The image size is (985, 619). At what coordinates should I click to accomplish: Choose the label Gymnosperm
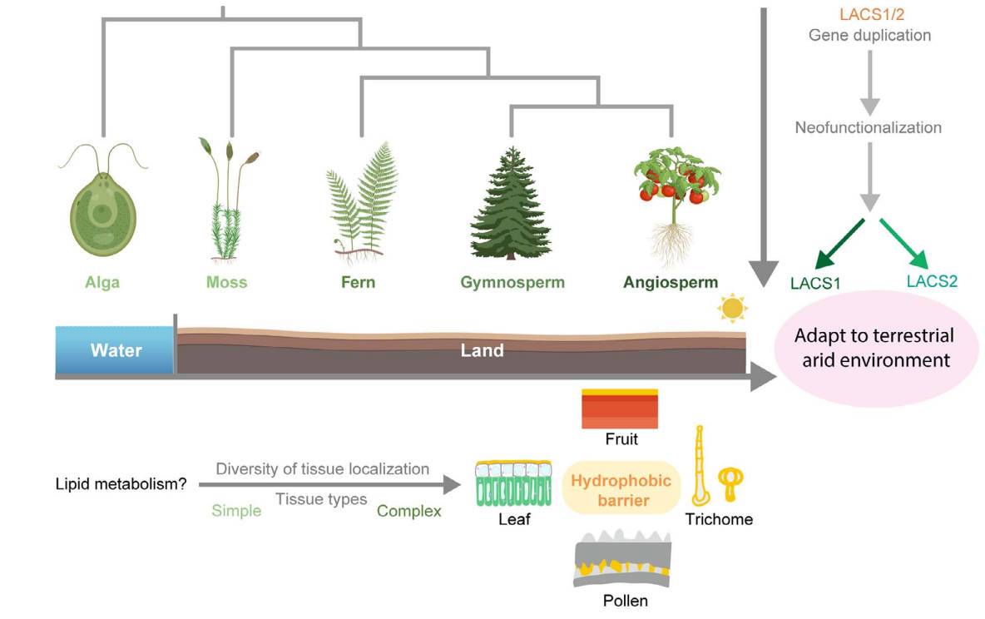point(512,282)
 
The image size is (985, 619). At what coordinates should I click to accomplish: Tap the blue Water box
point(115,350)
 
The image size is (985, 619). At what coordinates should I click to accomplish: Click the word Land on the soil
point(483,350)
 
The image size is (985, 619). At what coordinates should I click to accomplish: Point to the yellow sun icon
point(733,308)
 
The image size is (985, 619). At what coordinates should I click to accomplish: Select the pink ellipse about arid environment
point(873,349)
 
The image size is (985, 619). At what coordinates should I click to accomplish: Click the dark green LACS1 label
point(815,284)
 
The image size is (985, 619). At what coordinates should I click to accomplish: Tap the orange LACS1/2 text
point(870,14)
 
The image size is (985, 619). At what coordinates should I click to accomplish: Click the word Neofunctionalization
point(868,128)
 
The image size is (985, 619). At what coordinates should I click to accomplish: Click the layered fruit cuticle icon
point(620,409)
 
